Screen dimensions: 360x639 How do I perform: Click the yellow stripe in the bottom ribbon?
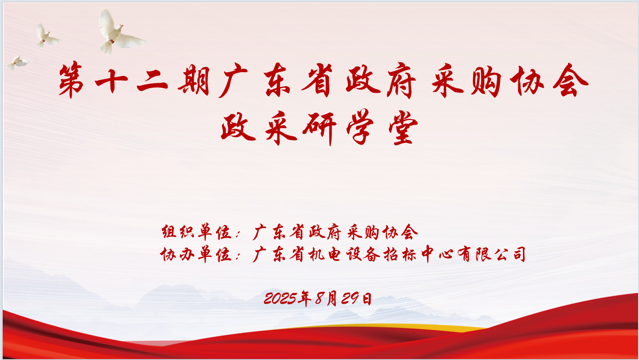pos(409,326)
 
